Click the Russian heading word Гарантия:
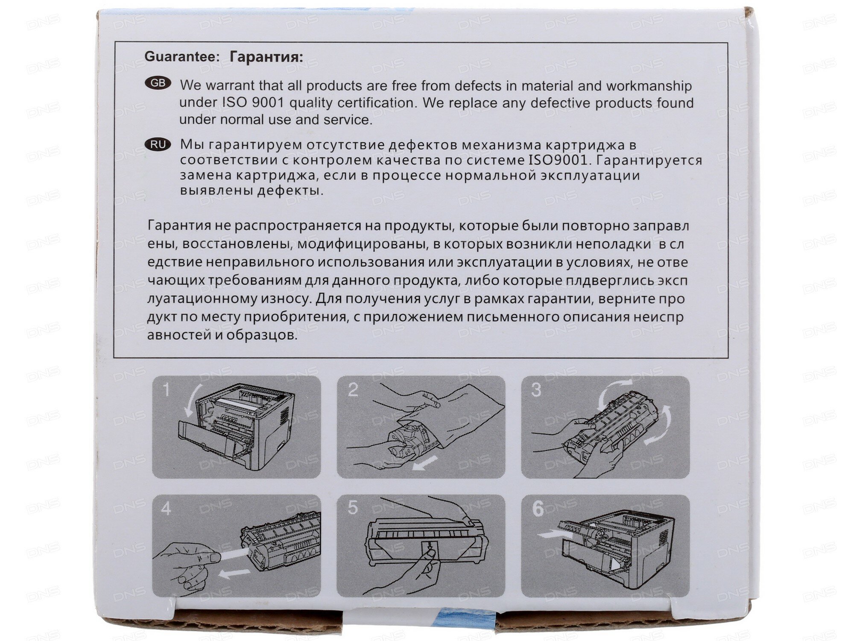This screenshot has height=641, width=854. click(266, 57)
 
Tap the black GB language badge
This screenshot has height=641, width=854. click(158, 83)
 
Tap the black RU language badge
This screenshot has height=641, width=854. click(158, 144)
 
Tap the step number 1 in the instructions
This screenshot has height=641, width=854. click(166, 389)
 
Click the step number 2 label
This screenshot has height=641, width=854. click(353, 390)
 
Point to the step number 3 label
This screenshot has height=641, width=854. click(536, 390)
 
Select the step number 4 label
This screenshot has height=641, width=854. click(166, 509)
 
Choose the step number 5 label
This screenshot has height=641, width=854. click(353, 508)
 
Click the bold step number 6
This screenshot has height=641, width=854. click(538, 509)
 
